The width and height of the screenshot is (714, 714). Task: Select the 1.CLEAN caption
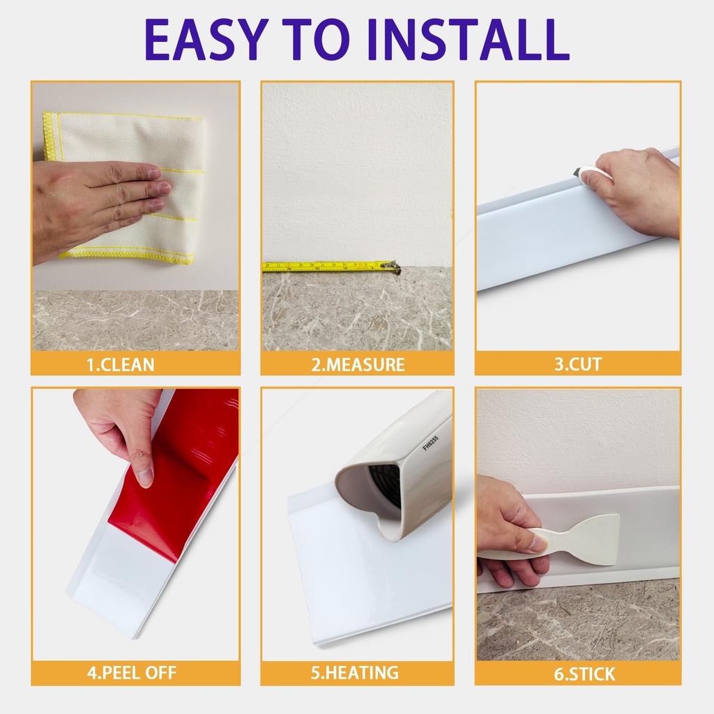(121, 364)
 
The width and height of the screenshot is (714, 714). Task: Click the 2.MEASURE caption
(358, 364)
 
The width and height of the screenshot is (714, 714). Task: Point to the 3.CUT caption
(578, 364)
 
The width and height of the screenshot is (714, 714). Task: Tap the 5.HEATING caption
(356, 673)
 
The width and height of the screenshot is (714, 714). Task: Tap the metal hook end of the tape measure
(394, 266)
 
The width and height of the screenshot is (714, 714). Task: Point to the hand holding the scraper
(506, 530)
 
